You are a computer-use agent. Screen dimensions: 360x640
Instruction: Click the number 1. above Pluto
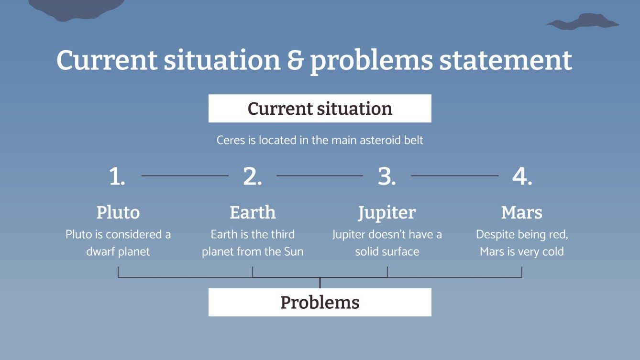click(117, 177)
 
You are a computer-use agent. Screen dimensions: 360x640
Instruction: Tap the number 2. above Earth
click(253, 177)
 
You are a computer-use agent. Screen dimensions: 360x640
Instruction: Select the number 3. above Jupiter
click(386, 177)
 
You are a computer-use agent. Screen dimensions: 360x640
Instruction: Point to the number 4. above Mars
click(522, 177)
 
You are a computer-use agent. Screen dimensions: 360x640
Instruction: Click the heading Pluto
click(118, 212)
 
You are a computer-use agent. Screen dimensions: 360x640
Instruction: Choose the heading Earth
click(253, 212)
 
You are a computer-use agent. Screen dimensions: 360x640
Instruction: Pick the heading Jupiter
click(387, 213)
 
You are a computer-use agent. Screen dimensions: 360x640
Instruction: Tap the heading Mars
click(522, 212)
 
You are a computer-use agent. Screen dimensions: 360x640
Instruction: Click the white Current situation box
click(320, 109)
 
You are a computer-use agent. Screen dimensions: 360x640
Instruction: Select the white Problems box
click(320, 302)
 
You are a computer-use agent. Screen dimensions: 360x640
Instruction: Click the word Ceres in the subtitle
click(230, 141)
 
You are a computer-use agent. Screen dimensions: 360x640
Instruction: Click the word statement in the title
click(506, 60)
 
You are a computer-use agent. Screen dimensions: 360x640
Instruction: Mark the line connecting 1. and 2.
click(185, 176)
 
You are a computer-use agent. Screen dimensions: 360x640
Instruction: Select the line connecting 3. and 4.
click(454, 176)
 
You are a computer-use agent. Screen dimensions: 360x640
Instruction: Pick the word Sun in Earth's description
click(293, 251)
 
